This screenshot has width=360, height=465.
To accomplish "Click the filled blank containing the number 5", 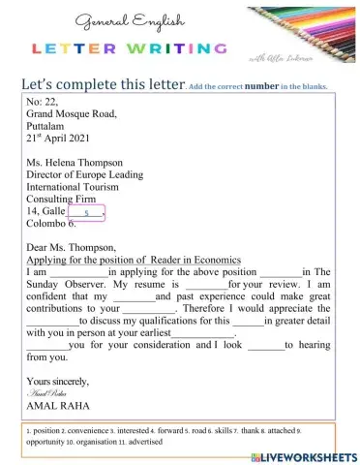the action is click(x=86, y=211).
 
